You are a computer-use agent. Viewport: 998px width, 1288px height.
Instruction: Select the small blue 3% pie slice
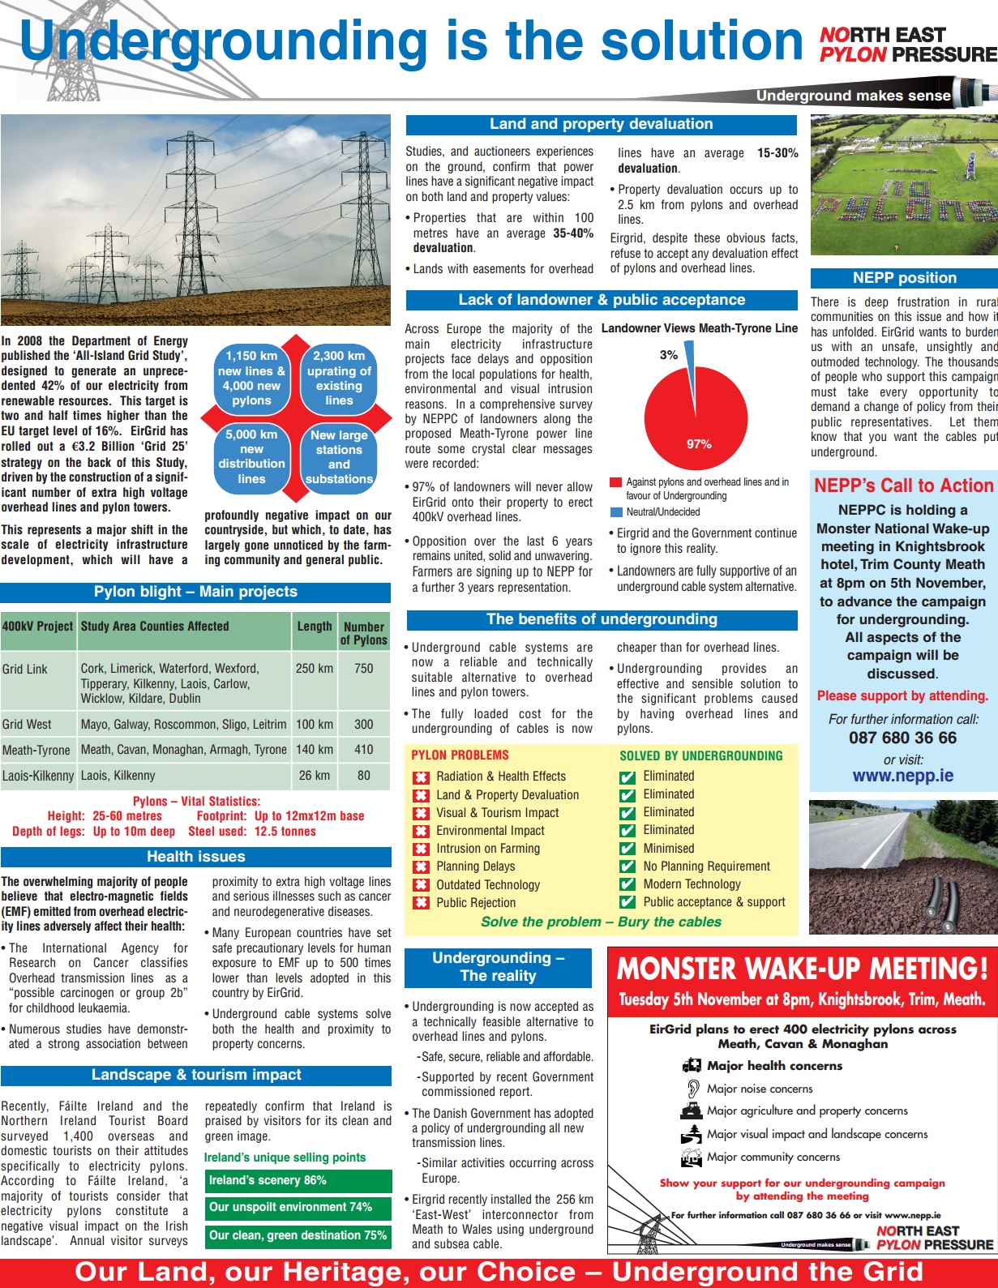689,355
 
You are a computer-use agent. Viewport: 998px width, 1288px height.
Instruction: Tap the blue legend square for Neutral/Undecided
616,512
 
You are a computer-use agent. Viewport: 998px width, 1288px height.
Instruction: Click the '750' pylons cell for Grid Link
364,669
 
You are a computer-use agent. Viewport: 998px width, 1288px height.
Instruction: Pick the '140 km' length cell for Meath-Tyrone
315,750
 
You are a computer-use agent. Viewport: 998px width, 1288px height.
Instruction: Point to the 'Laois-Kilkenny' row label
38,776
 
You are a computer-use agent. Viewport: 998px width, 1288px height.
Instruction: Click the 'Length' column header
315,627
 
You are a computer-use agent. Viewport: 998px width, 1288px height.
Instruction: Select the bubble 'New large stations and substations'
339,457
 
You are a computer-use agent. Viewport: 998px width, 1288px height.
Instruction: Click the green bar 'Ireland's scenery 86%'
298,1181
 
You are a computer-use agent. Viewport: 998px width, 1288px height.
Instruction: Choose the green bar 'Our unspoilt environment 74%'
298,1208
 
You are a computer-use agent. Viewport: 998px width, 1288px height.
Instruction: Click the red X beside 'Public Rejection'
421,903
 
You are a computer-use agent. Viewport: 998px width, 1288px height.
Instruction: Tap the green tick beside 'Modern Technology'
627,885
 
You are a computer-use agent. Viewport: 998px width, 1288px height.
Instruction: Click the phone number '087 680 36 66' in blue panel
902,738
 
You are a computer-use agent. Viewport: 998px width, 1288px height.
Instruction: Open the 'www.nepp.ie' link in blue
902,776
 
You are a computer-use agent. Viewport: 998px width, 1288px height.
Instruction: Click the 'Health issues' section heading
195,857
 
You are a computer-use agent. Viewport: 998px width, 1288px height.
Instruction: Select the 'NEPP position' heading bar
904,278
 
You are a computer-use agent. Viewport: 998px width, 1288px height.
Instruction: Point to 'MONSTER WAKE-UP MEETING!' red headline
802,969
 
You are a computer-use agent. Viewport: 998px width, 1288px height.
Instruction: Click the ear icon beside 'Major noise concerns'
692,1089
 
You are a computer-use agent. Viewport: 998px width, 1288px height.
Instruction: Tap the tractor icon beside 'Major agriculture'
692,1111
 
